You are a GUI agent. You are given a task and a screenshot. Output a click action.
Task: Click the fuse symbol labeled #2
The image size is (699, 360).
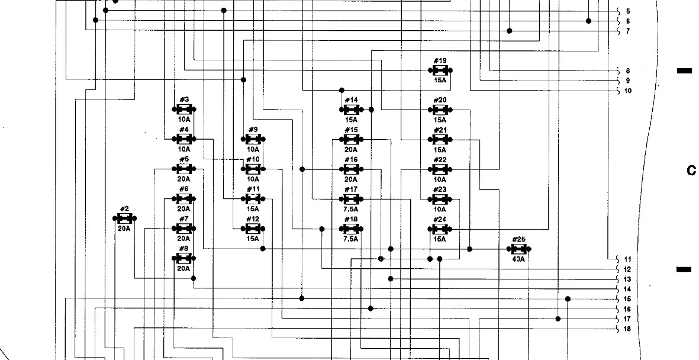tap(124, 218)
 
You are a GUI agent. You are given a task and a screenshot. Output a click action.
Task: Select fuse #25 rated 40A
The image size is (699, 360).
tap(518, 249)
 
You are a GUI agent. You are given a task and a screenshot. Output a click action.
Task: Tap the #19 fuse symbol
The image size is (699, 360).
tap(440, 70)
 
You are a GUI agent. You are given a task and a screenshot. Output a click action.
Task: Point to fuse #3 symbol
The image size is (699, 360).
tap(183, 110)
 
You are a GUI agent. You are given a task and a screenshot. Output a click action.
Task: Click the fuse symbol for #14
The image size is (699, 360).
tap(351, 110)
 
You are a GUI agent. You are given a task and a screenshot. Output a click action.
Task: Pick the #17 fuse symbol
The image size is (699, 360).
tap(351, 199)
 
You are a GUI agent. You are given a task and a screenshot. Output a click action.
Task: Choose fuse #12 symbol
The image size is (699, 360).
tap(253, 229)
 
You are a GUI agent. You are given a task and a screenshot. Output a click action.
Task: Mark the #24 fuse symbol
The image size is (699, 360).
tap(440, 229)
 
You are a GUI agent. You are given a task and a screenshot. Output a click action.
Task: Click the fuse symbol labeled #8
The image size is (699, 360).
tap(183, 259)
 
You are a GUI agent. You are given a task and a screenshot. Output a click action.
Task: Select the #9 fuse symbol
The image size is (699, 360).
tap(253, 139)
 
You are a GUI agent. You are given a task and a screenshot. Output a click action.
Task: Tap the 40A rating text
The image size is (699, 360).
tap(518, 259)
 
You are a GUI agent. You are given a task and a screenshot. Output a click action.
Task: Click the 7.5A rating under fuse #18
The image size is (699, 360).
tap(351, 239)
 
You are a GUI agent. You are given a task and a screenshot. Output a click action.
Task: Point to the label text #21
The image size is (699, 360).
tap(440, 130)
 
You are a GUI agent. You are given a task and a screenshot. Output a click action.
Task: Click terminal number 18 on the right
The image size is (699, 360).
tap(627, 329)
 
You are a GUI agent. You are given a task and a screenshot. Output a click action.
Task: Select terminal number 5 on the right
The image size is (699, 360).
tap(627, 11)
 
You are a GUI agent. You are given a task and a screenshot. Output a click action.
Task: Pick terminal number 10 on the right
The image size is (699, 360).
tap(627, 91)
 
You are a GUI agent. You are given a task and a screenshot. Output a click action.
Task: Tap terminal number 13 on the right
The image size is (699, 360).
tap(627, 279)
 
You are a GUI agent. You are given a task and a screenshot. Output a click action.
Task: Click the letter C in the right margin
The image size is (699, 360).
tap(691, 171)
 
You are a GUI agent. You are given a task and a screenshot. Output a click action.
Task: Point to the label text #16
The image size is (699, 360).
tap(351, 159)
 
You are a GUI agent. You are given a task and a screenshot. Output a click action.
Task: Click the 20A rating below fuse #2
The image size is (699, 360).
tap(124, 228)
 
